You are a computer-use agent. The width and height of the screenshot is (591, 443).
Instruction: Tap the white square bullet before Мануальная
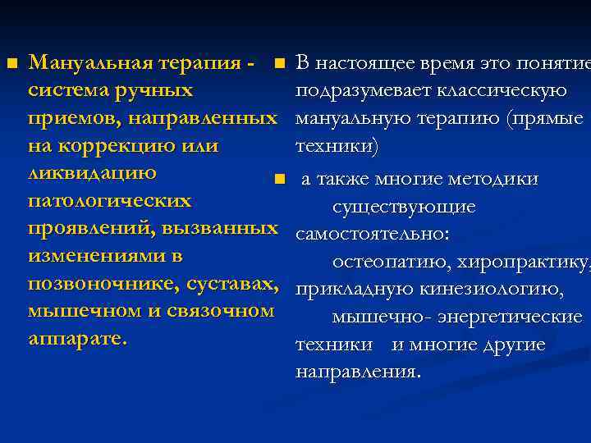pyautogui.click(x=11, y=63)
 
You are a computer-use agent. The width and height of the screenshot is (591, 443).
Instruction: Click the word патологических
pyautogui.click(x=109, y=201)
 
